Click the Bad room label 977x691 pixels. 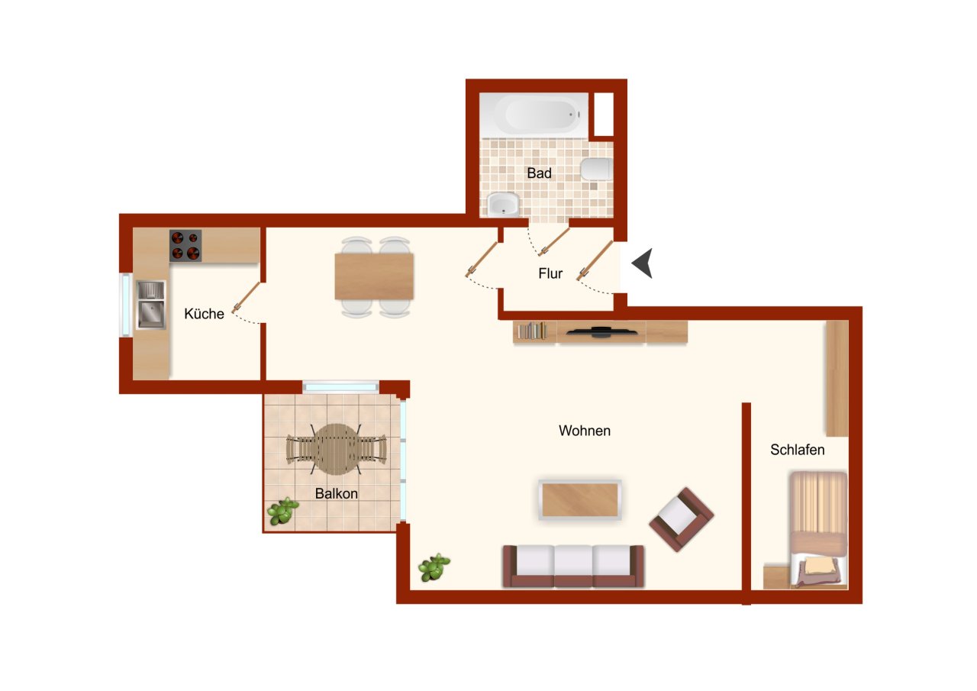coord(539,173)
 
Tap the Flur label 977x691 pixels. coord(550,273)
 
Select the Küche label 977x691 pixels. coord(204,314)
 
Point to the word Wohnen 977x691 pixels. coord(585,431)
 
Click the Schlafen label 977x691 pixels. coord(798,450)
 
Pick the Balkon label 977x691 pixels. coord(337,493)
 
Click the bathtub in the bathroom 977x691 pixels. coord(534,115)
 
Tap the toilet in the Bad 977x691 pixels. coord(597,170)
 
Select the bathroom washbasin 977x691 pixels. coord(503,204)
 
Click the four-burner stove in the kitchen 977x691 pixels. coord(185,246)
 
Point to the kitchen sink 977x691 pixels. coord(151,305)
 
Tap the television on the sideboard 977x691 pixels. coord(601,332)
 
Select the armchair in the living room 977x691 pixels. coord(682,519)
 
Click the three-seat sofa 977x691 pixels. coord(573,567)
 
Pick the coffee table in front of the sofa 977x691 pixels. coord(580,500)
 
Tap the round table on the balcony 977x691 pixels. coord(337,449)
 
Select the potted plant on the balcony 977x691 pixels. coord(282,511)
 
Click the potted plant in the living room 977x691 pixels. coord(434,567)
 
